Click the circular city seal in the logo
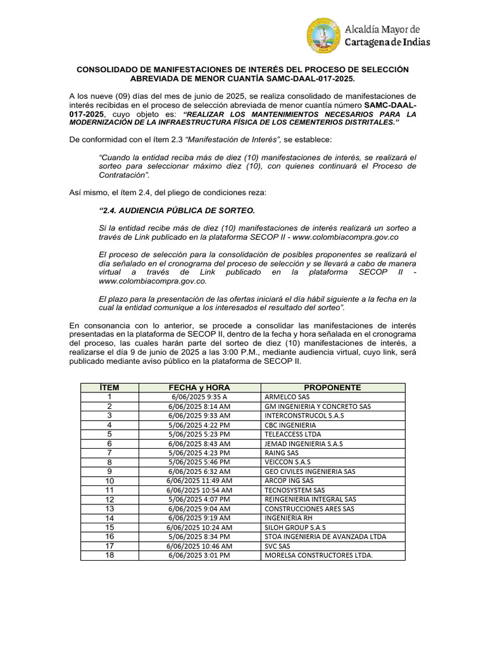point(324,35)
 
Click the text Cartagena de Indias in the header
point(387,42)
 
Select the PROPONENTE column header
point(332,387)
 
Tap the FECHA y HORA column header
point(199,387)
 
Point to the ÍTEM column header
point(109,387)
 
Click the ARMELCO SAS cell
point(282,397)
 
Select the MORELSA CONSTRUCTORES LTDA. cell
point(318,556)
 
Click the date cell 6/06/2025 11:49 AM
point(199,481)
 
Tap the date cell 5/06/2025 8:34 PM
point(199,537)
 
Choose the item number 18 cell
point(109,555)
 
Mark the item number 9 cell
point(109,471)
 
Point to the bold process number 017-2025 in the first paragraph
point(86,115)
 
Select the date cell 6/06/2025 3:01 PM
point(199,556)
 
